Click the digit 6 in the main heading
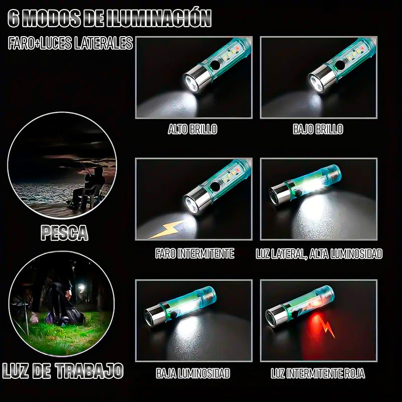[x=14, y=19]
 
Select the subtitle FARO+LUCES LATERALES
[x=70, y=43]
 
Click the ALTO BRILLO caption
[x=192, y=129]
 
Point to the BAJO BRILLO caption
[x=318, y=129]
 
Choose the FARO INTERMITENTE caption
[x=194, y=254]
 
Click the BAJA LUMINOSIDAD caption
[x=193, y=373]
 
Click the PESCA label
[x=65, y=233]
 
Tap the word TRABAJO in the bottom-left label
[x=89, y=371]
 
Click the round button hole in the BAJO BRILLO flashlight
[x=340, y=65]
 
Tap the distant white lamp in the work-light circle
[x=81, y=287]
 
